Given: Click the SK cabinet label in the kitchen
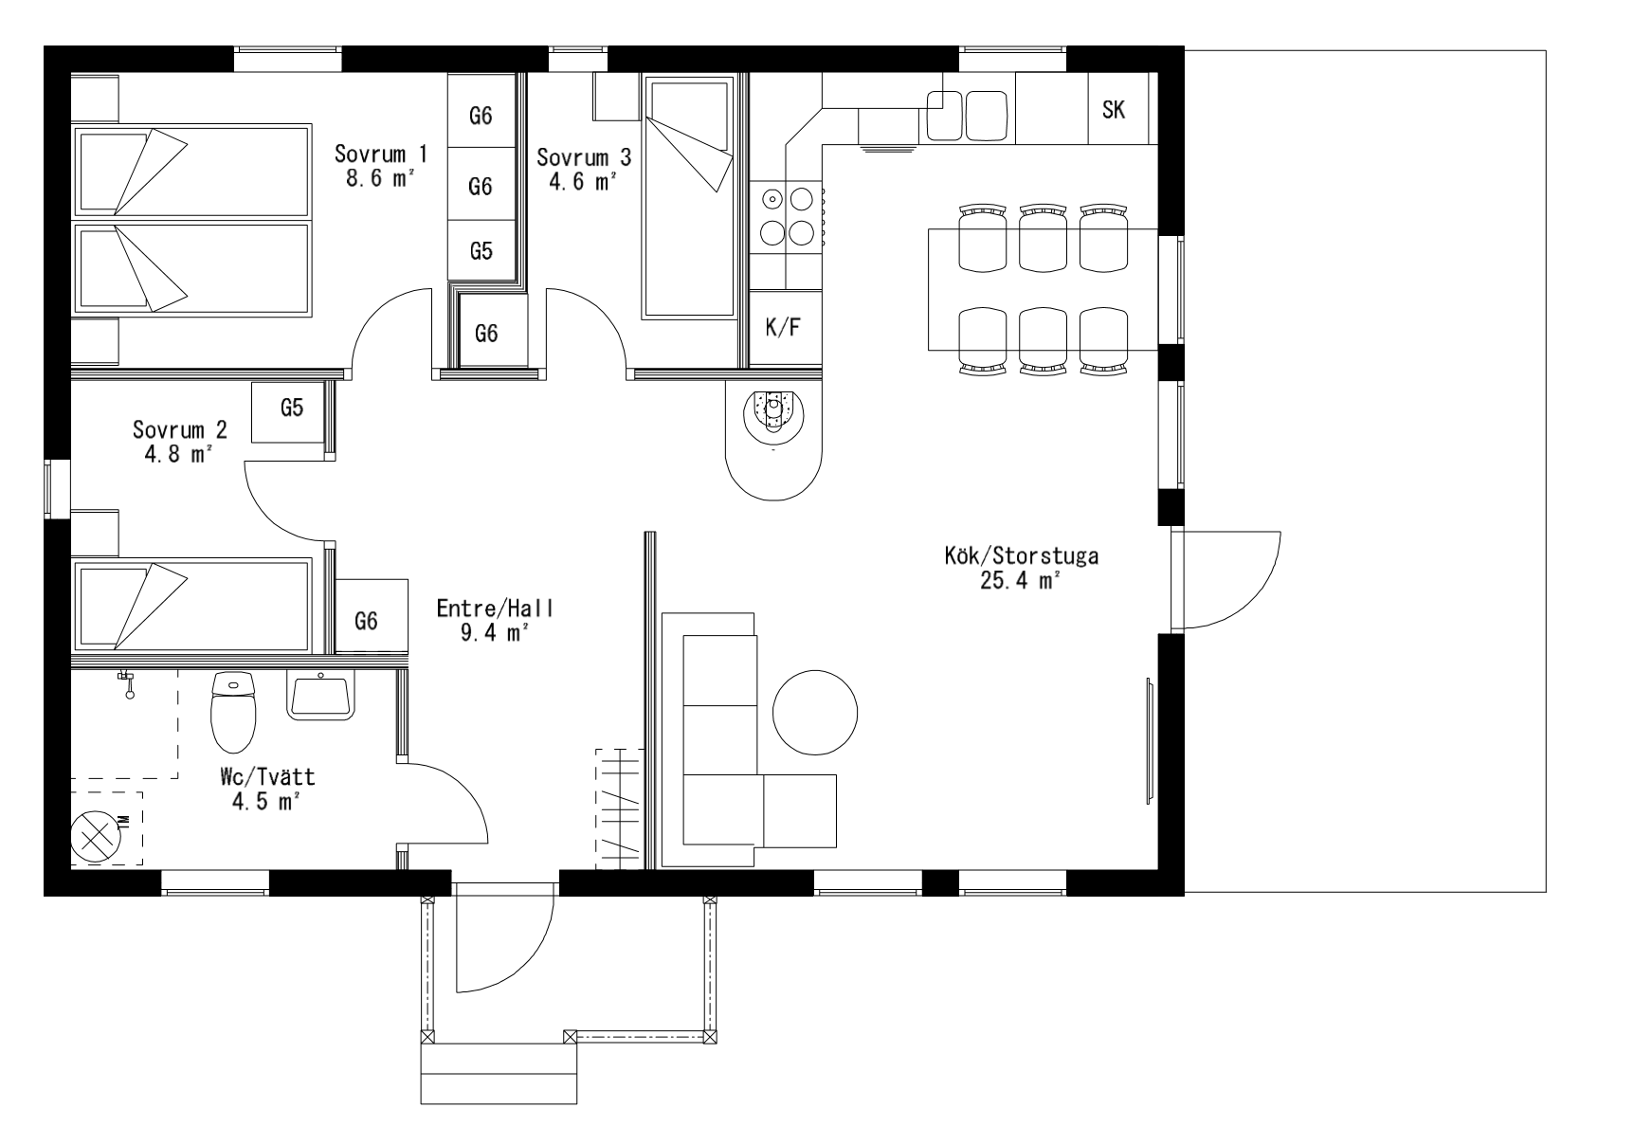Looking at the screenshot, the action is [x=1114, y=110].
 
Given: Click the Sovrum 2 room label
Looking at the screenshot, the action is [x=180, y=429].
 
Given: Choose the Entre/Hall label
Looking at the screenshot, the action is [x=495, y=608].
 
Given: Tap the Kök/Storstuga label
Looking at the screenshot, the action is [x=1021, y=555].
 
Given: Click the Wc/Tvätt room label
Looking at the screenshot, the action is [x=266, y=778].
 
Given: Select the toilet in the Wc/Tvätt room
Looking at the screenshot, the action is [x=233, y=711].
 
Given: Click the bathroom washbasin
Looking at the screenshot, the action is [x=322, y=695].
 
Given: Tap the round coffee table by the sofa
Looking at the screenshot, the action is [x=815, y=712].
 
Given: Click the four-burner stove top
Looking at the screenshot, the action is [x=788, y=216].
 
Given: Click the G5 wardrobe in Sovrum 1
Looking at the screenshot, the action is [x=481, y=251].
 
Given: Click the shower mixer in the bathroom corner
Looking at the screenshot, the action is [x=127, y=682].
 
